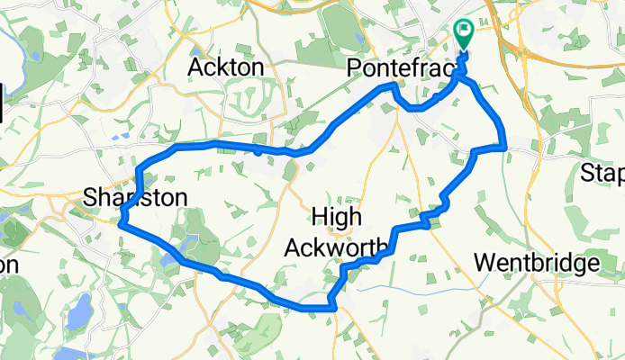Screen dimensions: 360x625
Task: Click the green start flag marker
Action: point(464,34)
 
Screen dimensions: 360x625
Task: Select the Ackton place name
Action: point(225,67)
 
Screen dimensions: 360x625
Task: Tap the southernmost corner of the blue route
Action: point(332,308)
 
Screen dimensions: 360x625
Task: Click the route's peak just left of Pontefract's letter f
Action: point(392,85)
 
